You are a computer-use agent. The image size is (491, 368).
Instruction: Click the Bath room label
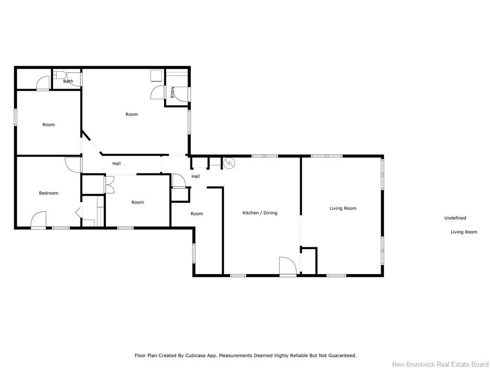pyautogui.click(x=68, y=81)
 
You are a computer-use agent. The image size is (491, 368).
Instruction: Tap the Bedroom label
pyautogui.click(x=48, y=193)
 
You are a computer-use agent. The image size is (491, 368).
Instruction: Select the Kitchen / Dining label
pyautogui.click(x=260, y=213)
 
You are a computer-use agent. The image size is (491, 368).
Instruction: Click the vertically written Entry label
pyautogui.click(x=173, y=92)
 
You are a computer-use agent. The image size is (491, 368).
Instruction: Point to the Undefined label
pyautogui.click(x=455, y=218)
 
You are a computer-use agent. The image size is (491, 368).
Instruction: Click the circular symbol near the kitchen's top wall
pyautogui.click(x=229, y=163)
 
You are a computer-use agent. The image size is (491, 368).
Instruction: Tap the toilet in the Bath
pyautogui.click(x=60, y=75)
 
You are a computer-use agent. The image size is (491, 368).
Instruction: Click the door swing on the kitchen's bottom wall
pyautogui.click(x=287, y=266)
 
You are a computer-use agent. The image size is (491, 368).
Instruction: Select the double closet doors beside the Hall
pyautogui.click(x=109, y=184)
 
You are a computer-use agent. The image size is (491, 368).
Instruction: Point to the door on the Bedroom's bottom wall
pyautogui.click(x=38, y=220)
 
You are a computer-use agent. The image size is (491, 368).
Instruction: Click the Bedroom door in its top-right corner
pyautogui.click(x=73, y=165)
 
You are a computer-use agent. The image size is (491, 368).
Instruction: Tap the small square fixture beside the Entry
pyautogui.click(x=156, y=76)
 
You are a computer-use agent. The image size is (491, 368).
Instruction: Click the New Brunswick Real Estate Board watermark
pyautogui.click(x=440, y=364)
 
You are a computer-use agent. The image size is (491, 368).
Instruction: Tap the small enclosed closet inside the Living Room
pyautogui.click(x=309, y=261)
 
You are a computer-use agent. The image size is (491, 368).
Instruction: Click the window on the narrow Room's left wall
pyautogui.click(x=194, y=253)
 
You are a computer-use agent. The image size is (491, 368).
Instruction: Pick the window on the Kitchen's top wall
pyautogui.click(x=265, y=156)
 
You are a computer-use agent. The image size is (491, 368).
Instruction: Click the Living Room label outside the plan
pyautogui.click(x=464, y=232)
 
